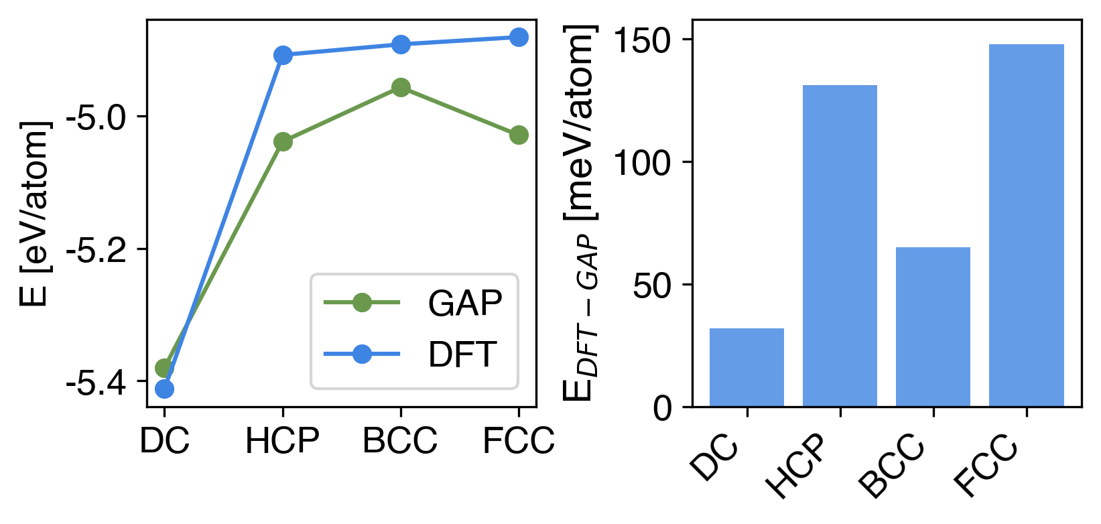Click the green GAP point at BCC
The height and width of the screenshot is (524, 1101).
point(401,87)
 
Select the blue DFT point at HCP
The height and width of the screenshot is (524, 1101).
point(283,55)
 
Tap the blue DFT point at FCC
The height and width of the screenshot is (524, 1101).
point(519,38)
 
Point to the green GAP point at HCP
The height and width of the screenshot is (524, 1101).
point(283,141)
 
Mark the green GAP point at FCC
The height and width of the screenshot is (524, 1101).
point(519,135)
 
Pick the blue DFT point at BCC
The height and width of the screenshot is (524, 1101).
point(401,45)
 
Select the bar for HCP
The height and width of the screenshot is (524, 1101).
point(840,245)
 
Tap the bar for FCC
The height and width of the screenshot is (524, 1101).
point(1026,225)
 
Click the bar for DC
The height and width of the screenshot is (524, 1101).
point(747,367)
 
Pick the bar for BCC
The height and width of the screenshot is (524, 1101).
point(933,326)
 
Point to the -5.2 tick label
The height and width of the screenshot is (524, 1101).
point(96,250)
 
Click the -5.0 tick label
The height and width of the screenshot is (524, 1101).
point(96,117)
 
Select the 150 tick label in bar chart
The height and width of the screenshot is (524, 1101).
point(642,40)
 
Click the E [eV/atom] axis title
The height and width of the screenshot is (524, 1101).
point(36,213)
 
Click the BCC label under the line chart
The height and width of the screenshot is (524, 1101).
point(400,441)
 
